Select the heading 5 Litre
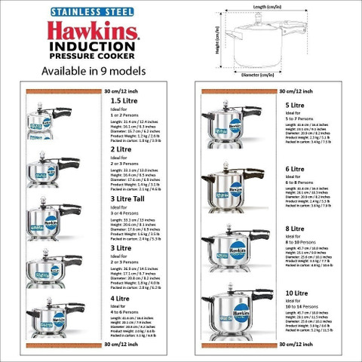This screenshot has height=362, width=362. (294, 105)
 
